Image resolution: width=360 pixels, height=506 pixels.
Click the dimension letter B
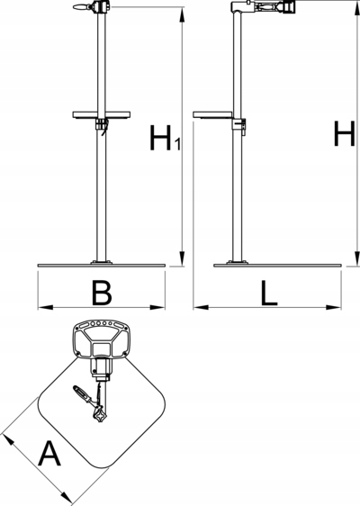point(102,293)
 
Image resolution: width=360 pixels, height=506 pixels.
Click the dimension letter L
point(269,293)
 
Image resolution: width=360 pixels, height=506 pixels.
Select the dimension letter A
point(49,454)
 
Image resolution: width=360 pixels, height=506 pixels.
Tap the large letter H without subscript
point(344,133)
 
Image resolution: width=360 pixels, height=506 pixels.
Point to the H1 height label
point(165,138)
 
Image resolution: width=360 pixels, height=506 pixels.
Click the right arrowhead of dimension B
point(157,307)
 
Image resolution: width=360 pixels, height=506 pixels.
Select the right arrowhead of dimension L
point(334,307)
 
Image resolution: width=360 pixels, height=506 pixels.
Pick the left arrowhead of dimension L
point(201,307)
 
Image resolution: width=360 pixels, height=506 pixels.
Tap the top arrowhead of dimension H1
point(183,14)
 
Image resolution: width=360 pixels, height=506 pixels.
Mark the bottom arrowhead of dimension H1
point(183,258)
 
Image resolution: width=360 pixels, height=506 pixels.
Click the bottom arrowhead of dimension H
point(357,258)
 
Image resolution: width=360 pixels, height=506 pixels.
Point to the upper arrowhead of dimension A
point(8,439)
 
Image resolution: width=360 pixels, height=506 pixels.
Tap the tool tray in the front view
point(102,114)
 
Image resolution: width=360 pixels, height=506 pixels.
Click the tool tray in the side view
point(212,114)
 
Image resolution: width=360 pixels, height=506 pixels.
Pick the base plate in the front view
point(102,266)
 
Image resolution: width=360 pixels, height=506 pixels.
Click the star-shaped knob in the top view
point(100,415)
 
